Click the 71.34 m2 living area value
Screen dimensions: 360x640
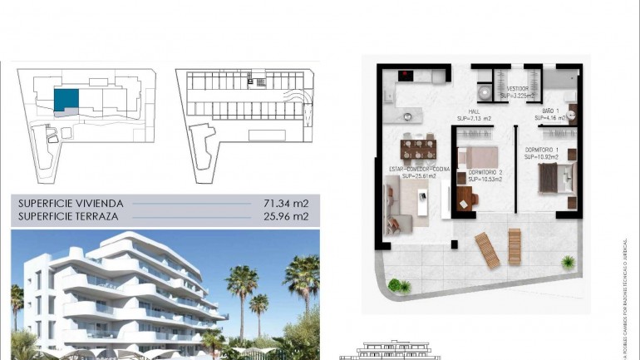click(x=291, y=203)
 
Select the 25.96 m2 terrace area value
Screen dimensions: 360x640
click(x=291, y=216)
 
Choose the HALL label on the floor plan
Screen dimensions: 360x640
click(x=474, y=112)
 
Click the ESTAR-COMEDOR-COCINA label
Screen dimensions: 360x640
click(x=420, y=170)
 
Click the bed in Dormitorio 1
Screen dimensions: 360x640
click(x=555, y=177)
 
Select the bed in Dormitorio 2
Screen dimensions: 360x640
click(x=479, y=155)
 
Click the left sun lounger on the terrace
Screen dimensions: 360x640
click(x=487, y=249)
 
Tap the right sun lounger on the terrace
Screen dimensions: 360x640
click(x=514, y=247)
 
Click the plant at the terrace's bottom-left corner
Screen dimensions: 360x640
click(x=399, y=285)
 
